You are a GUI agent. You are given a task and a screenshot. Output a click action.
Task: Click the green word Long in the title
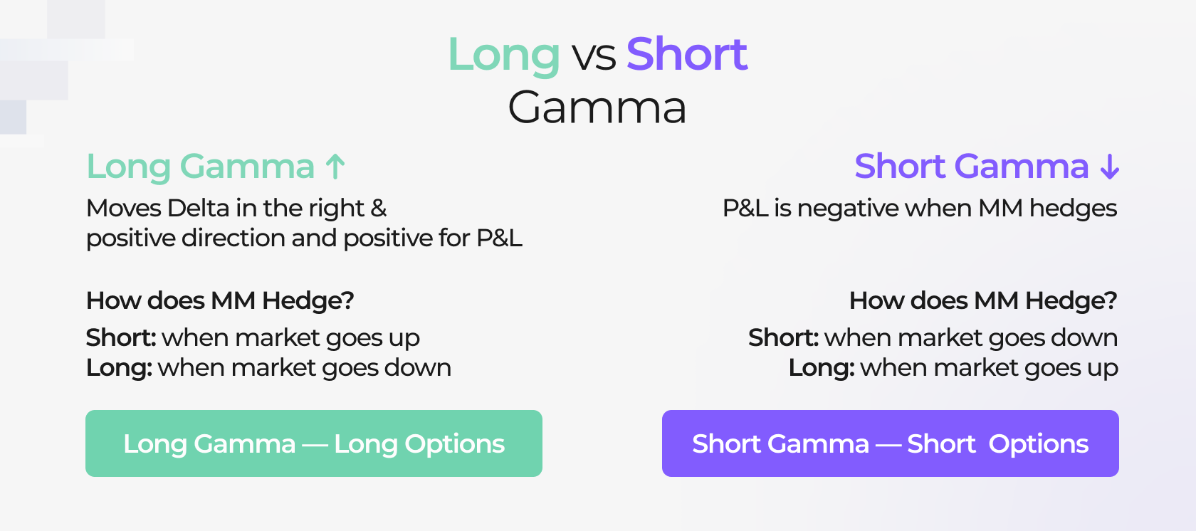coord(503,55)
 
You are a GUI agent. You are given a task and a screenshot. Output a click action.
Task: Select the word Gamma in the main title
coord(597,108)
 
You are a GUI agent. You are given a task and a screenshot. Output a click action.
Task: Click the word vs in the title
coord(594,56)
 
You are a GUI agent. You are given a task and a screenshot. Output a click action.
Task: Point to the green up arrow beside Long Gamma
coord(335,167)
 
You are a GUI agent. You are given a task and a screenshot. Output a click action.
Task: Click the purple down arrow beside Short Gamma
coord(1109,167)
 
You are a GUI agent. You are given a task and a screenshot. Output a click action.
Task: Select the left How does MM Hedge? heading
coord(220,300)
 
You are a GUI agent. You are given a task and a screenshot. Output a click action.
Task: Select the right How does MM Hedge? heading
coord(982,300)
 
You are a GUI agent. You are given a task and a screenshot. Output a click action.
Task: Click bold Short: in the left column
coord(120,337)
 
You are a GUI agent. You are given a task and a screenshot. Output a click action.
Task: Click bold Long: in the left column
coord(119,367)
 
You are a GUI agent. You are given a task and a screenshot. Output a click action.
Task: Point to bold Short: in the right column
coord(783,337)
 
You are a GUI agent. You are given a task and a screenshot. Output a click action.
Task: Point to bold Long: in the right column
coord(821,367)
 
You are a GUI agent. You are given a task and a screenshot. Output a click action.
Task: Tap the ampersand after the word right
coord(379,208)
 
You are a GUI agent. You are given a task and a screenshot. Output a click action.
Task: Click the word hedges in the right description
coord(1073,209)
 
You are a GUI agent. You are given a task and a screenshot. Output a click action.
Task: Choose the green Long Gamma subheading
coord(200,167)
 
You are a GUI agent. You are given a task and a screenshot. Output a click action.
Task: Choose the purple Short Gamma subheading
coord(971,167)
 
